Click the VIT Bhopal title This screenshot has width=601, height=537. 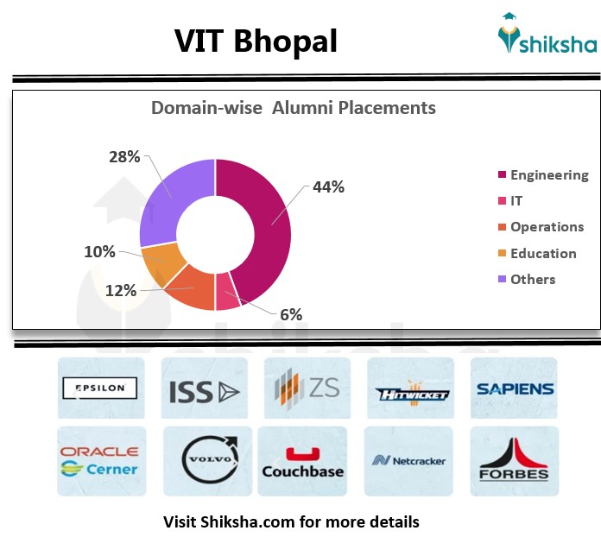256,41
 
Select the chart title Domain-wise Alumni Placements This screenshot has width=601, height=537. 294,108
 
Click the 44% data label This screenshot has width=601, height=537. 328,186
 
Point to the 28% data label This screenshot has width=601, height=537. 124,156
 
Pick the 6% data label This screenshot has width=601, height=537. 291,315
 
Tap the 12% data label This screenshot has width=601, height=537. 122,290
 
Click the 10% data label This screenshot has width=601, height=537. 99,251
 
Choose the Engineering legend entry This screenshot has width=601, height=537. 548,175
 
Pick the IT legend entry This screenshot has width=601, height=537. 516,201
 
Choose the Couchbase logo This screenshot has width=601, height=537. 302,464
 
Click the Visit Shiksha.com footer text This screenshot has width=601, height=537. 291,521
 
